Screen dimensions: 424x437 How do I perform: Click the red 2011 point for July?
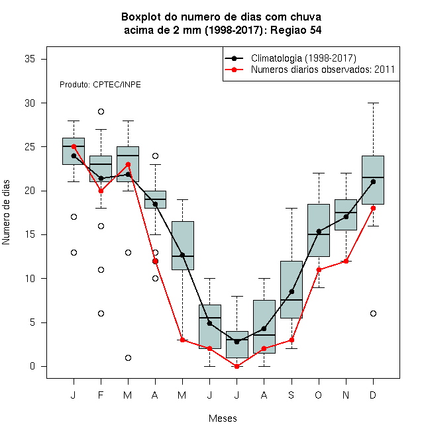237,366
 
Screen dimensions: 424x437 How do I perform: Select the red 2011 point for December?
373,208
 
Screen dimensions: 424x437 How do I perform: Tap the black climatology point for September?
291,291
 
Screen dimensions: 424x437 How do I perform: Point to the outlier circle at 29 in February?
101,111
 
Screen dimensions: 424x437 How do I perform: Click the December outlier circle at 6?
373,314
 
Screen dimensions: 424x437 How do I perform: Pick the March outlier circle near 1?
128,358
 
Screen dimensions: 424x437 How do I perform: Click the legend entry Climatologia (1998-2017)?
303,58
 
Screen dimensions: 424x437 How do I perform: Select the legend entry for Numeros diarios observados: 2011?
323,70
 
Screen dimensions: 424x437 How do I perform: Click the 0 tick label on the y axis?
32,366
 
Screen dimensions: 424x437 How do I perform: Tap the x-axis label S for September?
291,395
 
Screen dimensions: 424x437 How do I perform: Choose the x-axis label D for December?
373,395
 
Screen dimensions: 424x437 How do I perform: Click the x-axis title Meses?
223,418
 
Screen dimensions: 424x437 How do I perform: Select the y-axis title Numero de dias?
6,212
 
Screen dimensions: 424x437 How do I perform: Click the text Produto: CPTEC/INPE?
100,85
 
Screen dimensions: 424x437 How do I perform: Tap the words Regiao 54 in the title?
295,30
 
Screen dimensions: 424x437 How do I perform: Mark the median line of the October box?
319,234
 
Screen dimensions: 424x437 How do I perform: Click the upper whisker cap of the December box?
373,103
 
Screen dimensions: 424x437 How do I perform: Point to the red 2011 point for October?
319,269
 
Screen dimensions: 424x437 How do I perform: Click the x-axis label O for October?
318,395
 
